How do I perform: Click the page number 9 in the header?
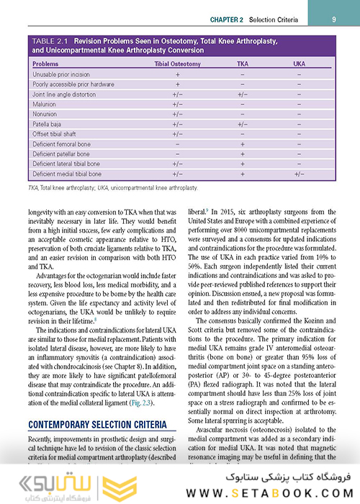(x=335, y=17)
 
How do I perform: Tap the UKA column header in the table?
(x=299, y=64)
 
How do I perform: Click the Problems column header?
(x=46, y=64)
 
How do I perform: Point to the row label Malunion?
(x=45, y=104)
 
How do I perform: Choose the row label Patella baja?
(x=49, y=124)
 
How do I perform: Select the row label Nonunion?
(x=46, y=114)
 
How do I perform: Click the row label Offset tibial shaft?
(x=56, y=134)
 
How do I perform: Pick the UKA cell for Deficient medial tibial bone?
(x=299, y=174)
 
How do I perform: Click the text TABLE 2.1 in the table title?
(x=53, y=41)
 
